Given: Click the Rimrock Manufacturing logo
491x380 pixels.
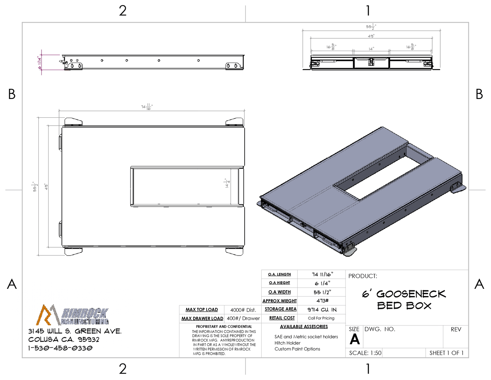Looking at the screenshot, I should coord(72,315).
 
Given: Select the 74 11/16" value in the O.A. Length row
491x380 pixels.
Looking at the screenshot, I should coord(322,274).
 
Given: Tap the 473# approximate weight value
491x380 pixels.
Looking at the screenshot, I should coord(322,301).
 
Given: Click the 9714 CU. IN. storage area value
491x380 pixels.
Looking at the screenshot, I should coord(322,310).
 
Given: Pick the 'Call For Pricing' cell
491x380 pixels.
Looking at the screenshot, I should coord(321,318).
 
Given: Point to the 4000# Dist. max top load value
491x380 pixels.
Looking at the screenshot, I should coord(243,310).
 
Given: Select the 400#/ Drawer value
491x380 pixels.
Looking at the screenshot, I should coord(243,318).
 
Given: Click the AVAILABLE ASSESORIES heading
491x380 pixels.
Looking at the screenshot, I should coord(304,327).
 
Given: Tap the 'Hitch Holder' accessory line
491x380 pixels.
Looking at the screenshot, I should coord(287,343).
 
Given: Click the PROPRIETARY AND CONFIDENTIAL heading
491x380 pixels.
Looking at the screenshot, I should coord(224,327).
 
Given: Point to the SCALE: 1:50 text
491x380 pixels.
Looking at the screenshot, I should coord(365,353).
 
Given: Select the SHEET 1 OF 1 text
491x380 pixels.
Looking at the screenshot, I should coord(446,353).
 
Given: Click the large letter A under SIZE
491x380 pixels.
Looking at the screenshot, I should coord(355,339).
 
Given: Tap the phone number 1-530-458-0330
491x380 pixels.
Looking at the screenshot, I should coord(60,348).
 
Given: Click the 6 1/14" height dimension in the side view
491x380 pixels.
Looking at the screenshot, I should coord(40,63).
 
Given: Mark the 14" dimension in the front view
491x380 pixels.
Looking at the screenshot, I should coord(371,49).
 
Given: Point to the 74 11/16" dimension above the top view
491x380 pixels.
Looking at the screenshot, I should coord(147,107).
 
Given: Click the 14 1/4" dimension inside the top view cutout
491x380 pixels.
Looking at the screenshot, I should coord(227,183).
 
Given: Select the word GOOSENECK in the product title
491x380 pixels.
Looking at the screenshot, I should coord(411,294).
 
